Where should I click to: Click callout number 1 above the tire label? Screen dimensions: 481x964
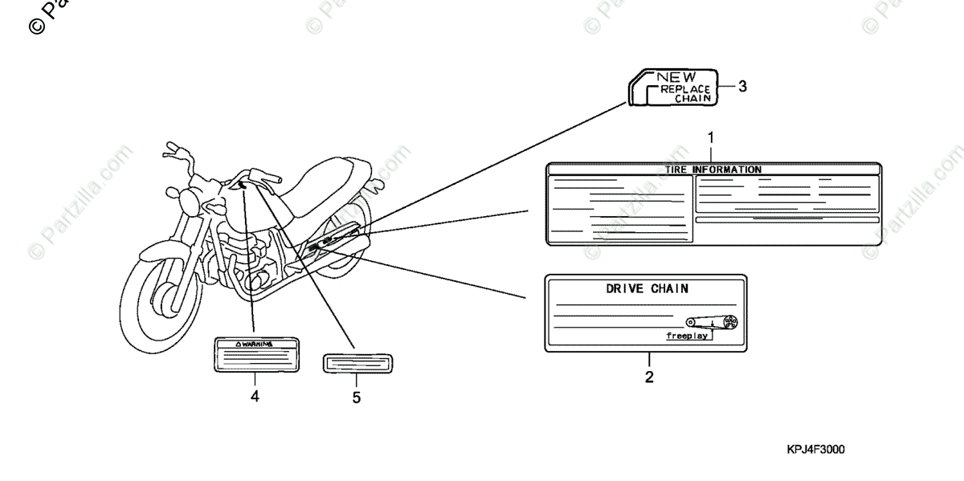710,137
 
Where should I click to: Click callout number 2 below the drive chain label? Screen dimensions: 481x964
649,376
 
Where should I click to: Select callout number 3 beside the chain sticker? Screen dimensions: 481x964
742,87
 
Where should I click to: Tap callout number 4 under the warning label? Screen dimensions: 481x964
255,396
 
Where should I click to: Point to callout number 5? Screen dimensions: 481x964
357,397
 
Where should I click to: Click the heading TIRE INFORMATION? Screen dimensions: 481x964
713,169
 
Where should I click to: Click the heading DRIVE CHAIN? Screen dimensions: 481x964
646,288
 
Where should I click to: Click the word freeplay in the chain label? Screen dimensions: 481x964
686,336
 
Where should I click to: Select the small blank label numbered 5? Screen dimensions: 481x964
357,362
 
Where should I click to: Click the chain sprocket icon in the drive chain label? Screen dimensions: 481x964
730,321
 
